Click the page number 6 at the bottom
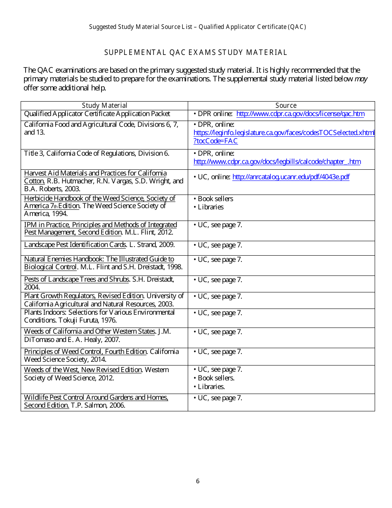coord(198,481)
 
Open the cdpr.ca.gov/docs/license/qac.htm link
coord(300,114)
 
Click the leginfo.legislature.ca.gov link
coord(284,133)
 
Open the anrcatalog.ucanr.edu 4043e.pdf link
coord(291,177)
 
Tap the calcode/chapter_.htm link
coord(277,162)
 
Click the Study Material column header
coord(104,106)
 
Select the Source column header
coord(286,106)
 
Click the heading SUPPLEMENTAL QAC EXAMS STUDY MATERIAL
coord(196,52)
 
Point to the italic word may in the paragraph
coord(361,79)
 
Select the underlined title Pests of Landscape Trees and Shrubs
coord(76,280)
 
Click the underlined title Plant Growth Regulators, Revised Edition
coord(84,296)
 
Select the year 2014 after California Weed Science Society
coord(97,359)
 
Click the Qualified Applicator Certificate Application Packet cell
coord(97,114)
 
